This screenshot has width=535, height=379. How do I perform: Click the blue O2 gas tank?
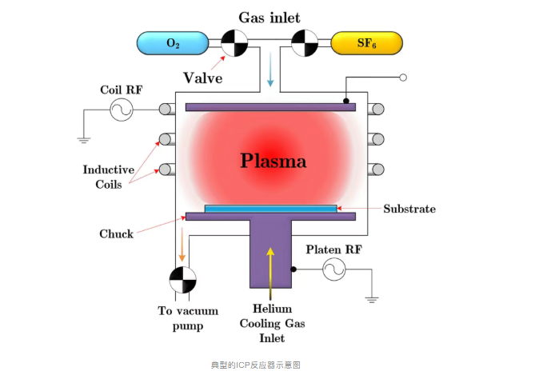coord(172,43)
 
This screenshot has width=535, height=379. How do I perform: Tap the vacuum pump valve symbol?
coord(182,281)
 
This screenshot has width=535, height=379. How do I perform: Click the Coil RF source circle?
coord(121,110)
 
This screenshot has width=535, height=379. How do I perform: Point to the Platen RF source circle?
coord(333,270)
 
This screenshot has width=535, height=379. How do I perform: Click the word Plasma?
coord(273,161)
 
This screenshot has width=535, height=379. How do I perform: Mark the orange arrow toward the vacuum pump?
coord(182,244)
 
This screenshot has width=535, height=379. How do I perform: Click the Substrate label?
coord(409,209)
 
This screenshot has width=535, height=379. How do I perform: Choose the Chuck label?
coord(116,233)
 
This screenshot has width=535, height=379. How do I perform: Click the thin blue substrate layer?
coord(270,209)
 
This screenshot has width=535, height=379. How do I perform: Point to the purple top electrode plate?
coord(270,106)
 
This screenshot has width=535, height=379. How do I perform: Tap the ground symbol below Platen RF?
coord(371,300)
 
